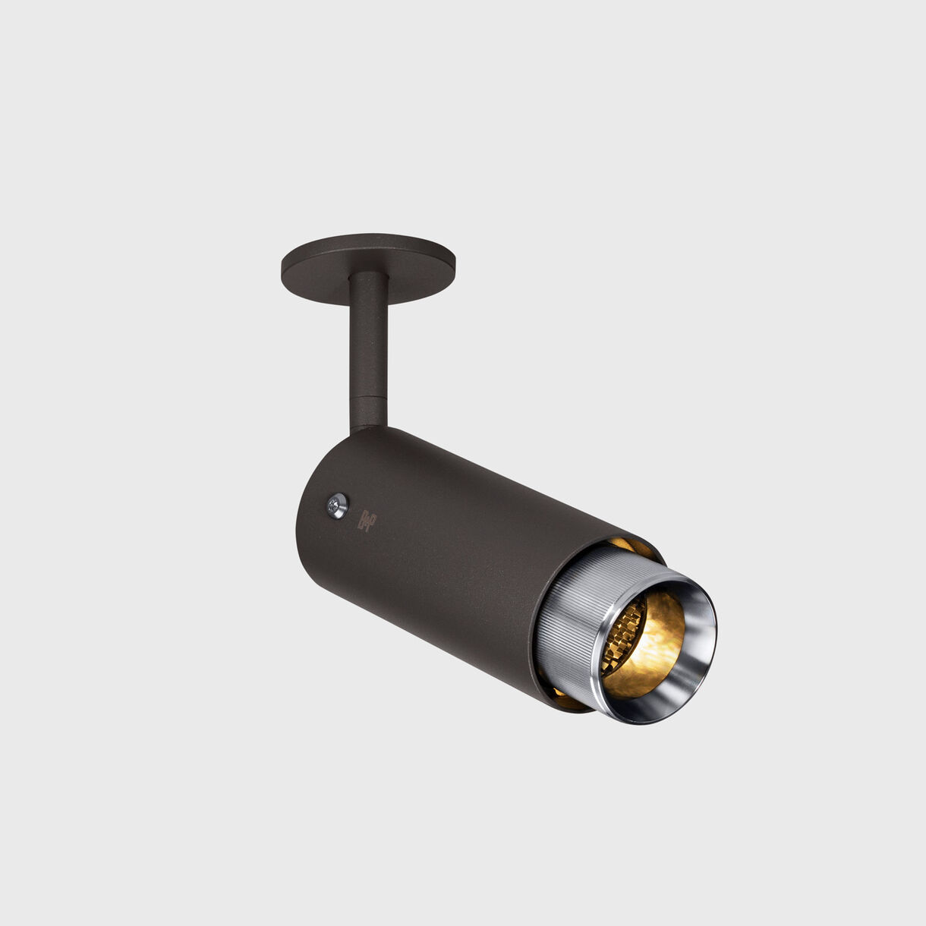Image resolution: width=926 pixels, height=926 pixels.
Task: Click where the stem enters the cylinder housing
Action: pos(370,431)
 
